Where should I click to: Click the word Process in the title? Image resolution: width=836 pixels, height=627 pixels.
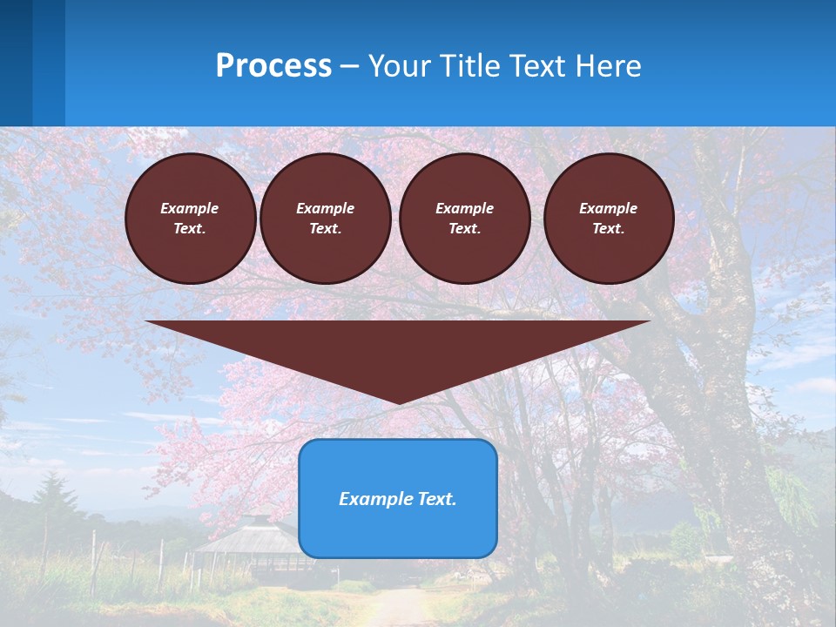tap(273, 66)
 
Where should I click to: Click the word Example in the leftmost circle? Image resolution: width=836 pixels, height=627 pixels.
tap(190, 208)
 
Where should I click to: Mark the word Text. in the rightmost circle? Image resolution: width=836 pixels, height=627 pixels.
tap(608, 229)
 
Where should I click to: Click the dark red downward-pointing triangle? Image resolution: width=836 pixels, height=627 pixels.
tap(398, 348)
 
